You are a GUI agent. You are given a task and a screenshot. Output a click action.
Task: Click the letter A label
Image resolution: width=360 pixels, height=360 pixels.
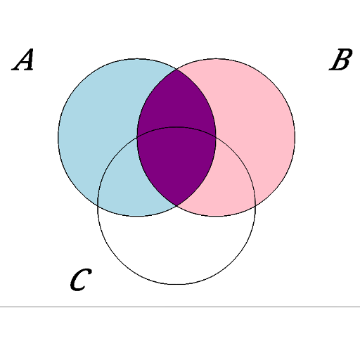tap(22, 60)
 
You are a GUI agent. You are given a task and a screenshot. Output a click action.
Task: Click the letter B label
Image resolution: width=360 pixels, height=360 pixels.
tap(341, 60)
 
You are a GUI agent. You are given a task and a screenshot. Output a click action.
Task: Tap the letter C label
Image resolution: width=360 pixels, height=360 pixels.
tap(81, 280)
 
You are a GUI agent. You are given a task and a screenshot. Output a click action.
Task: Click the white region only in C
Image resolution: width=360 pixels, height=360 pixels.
tap(176, 246)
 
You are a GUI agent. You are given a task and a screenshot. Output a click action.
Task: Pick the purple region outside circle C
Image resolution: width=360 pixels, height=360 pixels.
tap(176, 103)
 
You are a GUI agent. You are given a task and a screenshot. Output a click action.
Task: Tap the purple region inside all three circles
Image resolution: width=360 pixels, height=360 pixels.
tap(176, 164)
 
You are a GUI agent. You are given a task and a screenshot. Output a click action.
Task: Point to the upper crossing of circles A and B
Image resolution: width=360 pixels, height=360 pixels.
tap(176, 70)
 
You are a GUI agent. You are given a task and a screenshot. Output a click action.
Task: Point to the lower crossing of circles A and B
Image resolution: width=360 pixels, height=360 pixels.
tap(176, 205)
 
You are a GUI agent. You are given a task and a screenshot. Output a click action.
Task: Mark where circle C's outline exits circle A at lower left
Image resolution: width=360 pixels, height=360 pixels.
tap(98, 205)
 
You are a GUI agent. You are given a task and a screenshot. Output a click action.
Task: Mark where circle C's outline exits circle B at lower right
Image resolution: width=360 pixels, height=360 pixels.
tap(255, 205)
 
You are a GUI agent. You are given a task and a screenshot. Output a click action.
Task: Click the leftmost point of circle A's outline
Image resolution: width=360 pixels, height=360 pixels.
tap(58, 137)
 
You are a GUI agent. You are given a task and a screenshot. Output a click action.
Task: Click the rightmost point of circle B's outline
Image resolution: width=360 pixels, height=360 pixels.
tap(295, 137)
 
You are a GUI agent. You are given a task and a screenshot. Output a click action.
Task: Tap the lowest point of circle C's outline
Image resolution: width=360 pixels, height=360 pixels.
tap(176, 284)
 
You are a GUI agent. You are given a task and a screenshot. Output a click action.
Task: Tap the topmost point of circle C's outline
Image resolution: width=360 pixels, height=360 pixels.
tap(176, 127)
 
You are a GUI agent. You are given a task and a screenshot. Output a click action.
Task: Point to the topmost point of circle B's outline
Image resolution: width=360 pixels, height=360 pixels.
tap(216, 58)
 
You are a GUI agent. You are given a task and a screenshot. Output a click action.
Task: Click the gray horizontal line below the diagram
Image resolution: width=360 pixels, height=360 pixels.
tap(180, 307)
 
